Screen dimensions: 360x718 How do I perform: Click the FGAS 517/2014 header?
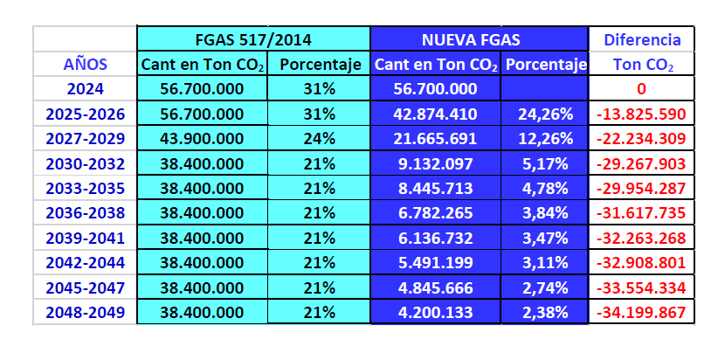pos(253,39)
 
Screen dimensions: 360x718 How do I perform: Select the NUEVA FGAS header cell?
pos(479,39)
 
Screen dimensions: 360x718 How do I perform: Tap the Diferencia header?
pos(642,39)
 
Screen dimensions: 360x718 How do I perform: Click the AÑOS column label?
pos(86,64)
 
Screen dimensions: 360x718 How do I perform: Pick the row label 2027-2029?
pos(86,138)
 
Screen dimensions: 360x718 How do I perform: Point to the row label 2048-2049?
pos(86,312)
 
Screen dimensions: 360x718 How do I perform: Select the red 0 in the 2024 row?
pos(641,89)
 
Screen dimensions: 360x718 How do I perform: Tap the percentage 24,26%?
pos(544,114)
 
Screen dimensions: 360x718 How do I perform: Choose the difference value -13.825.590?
pos(642,114)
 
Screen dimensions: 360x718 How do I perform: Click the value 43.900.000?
pos(203,138)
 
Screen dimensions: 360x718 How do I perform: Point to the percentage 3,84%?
pos(544,212)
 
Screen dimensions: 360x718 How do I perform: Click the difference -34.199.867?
pos(642,312)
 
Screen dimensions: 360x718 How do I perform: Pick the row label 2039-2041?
pos(86,238)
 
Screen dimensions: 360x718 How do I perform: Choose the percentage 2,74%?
pos(544,287)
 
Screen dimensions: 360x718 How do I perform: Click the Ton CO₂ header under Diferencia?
pos(642,64)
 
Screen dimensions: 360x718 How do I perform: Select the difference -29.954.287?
pos(642,188)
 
